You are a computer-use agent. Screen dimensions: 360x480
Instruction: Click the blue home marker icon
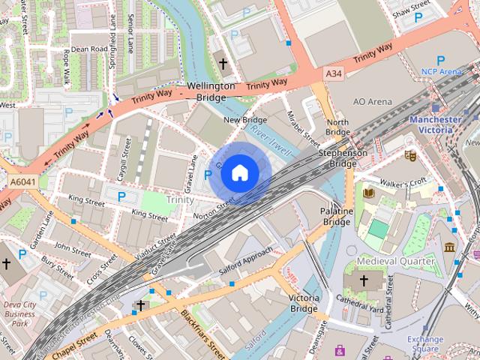point(239,173)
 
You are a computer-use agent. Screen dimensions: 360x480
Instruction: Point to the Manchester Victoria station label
point(436,125)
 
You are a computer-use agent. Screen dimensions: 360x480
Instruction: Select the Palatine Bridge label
point(336,217)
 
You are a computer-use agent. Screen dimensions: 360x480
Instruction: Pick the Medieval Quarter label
point(395,261)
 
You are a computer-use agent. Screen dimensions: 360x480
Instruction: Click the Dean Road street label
point(90,49)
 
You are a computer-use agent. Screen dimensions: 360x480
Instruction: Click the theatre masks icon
point(410,154)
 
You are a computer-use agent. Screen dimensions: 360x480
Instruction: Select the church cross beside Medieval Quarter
point(364,280)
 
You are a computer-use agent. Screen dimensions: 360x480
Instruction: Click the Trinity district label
point(180,199)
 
